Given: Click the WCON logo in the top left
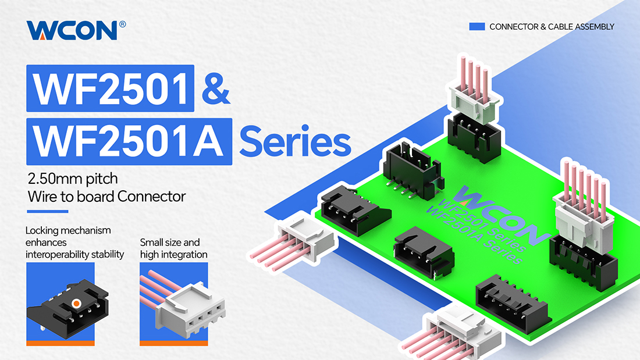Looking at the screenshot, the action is tap(72, 30).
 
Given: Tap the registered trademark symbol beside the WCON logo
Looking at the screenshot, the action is tap(122, 24).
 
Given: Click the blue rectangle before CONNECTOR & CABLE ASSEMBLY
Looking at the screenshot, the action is tap(477, 27).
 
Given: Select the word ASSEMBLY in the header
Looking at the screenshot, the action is tap(594, 27).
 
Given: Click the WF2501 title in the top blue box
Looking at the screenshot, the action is tap(110, 88).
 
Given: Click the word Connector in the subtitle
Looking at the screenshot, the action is tap(151, 197).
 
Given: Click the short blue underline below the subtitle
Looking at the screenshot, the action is tap(47, 212).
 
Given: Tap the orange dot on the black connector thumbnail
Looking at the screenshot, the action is tap(76, 303).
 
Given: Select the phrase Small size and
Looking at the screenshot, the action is tap(170, 243).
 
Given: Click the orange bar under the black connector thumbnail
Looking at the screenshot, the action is tap(61, 343).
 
